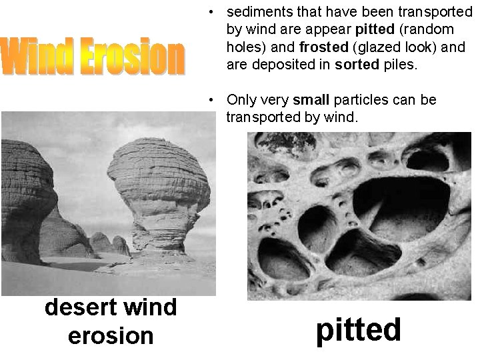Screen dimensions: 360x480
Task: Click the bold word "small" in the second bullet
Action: [311, 100]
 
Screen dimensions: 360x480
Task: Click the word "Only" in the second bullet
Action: [241, 100]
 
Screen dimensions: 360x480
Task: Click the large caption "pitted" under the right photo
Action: [359, 329]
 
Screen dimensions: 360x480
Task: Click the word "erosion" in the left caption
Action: [111, 335]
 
